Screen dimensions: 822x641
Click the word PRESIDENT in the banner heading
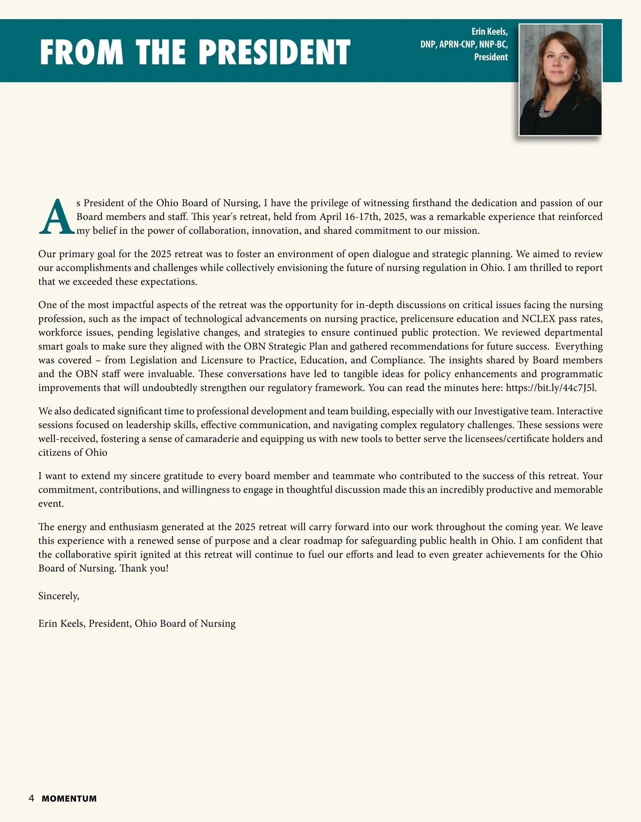(275, 52)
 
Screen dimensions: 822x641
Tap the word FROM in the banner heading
(81, 52)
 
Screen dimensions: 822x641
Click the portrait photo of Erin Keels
(560, 80)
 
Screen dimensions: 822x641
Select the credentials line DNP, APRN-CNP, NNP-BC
(464, 44)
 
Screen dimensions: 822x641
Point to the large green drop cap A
(56, 217)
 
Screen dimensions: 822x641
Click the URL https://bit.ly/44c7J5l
(551, 388)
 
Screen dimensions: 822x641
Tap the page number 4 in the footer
(32, 799)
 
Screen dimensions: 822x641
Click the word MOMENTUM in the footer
(69, 799)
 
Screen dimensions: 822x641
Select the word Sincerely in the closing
(58, 596)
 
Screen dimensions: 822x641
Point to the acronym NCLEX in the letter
(538, 319)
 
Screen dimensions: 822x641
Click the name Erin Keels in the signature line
(61, 624)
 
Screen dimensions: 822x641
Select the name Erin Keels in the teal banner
(489, 32)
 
